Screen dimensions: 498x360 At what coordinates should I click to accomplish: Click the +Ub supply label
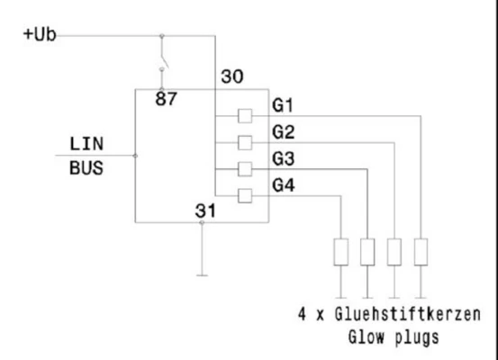40,34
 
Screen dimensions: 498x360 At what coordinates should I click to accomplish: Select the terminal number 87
166,99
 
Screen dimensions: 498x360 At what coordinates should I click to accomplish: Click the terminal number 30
232,76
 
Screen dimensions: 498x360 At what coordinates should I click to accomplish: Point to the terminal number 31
205,211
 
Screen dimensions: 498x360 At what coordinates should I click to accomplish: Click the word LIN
86,144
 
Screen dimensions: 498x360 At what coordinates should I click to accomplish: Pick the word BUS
86,168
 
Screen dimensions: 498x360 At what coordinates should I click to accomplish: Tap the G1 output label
283,105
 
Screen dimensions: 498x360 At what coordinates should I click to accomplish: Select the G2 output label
284,131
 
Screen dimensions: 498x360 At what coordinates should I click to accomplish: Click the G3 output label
284,158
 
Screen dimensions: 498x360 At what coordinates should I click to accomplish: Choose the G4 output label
284,185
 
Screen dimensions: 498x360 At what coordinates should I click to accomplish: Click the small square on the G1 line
245,116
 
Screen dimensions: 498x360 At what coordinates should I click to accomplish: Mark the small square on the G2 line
245,142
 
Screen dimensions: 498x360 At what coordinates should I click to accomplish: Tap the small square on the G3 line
245,169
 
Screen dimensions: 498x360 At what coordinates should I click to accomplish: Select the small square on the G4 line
245,196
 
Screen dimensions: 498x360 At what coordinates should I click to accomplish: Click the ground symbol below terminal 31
202,275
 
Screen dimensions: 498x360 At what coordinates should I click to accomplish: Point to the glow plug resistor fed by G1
421,252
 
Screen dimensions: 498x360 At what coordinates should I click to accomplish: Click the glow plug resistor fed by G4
340,252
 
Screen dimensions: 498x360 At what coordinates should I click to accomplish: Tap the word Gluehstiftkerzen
408,314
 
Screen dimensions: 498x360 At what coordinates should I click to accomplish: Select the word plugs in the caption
417,337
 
